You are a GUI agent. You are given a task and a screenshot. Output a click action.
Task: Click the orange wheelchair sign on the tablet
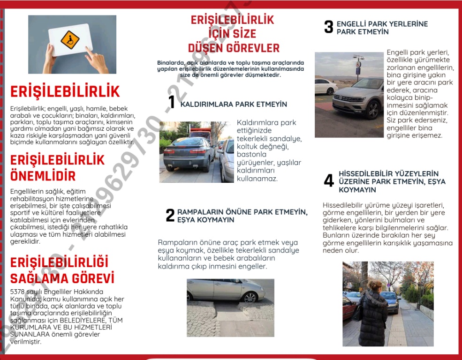tap(70, 40)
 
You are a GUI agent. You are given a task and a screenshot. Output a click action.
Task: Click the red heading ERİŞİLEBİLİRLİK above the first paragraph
tap(65, 91)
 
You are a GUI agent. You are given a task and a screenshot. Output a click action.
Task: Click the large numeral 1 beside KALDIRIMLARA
tap(172, 102)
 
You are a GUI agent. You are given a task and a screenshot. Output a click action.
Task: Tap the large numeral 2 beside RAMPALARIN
tap(170, 215)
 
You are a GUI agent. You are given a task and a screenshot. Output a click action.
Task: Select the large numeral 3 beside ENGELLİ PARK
tap(329, 27)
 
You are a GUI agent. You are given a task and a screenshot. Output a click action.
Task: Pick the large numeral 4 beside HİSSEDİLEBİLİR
tap(329, 181)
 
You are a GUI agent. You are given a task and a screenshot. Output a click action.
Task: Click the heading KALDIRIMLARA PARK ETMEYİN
tap(234, 104)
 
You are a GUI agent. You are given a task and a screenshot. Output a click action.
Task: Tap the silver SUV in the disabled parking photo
tap(359, 97)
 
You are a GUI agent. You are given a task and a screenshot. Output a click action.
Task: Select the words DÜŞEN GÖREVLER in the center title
tap(234, 48)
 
